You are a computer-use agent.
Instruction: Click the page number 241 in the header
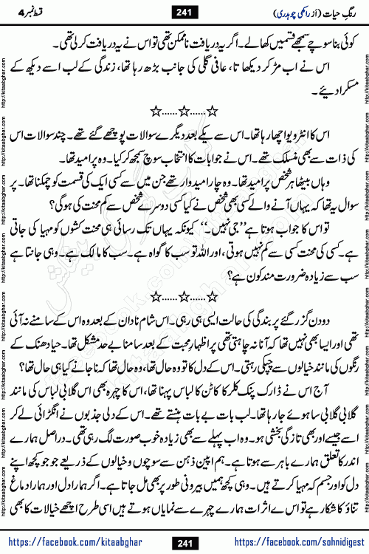[x=185, y=11]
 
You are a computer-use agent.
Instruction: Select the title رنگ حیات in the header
[x=335, y=11]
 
